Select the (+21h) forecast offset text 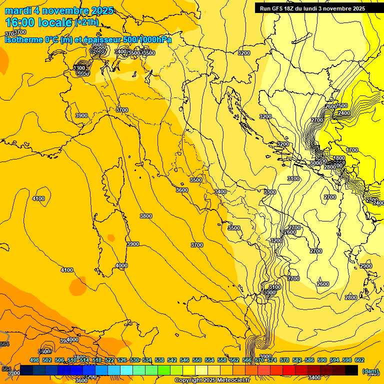(x=86, y=22)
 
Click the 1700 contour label (x=352, y=150)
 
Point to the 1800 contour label (x=339, y=158)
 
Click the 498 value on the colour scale (x=34, y=360)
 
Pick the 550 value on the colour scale (x=197, y=360)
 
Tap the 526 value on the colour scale (x=122, y=360)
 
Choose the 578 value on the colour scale (x=284, y=360)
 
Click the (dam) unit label (x=370, y=371)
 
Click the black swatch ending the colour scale (x=351, y=370)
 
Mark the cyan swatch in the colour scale (x=126, y=370)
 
